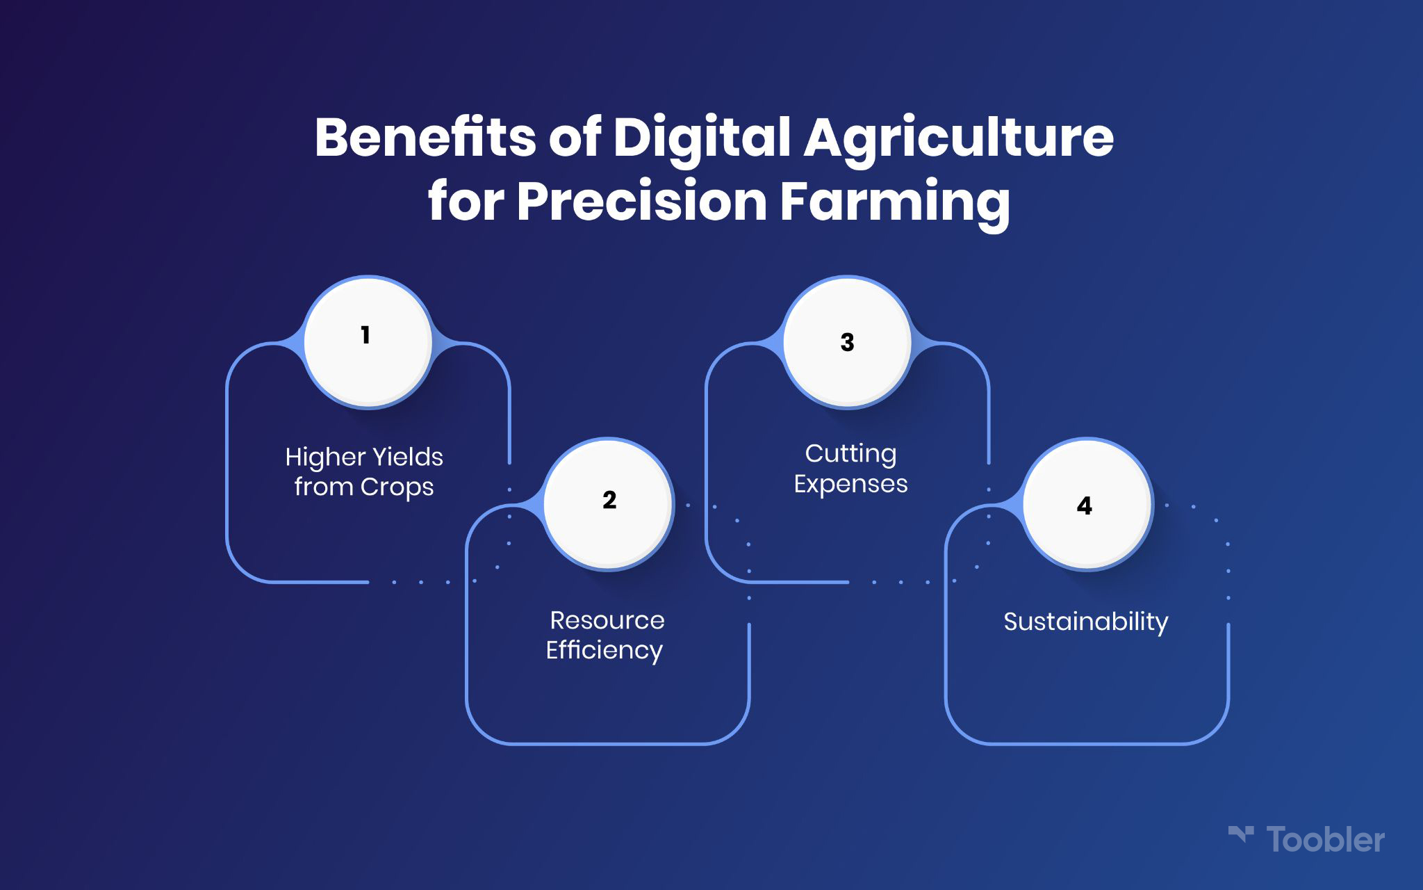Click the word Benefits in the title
click(425, 137)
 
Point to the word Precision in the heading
click(641, 201)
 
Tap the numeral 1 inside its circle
click(365, 335)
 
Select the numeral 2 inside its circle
click(609, 500)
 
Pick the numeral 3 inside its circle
click(847, 342)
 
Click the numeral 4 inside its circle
click(1085, 505)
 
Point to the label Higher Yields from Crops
click(364, 472)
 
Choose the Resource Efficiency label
click(605, 636)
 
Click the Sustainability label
click(1086, 622)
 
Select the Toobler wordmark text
click(1326, 840)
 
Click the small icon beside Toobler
click(1241, 835)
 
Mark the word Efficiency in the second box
click(604, 651)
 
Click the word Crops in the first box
click(395, 487)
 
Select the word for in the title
click(466, 201)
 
